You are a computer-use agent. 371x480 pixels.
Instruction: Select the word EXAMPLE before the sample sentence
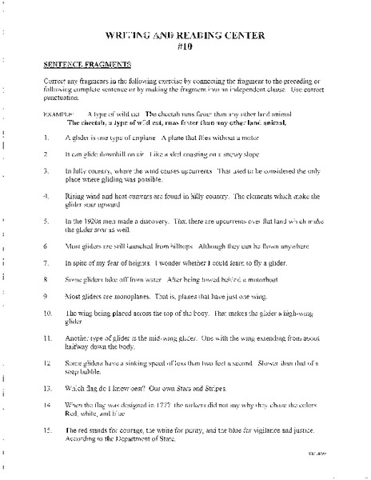[57, 114]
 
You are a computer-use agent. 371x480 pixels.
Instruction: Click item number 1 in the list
[49, 138]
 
